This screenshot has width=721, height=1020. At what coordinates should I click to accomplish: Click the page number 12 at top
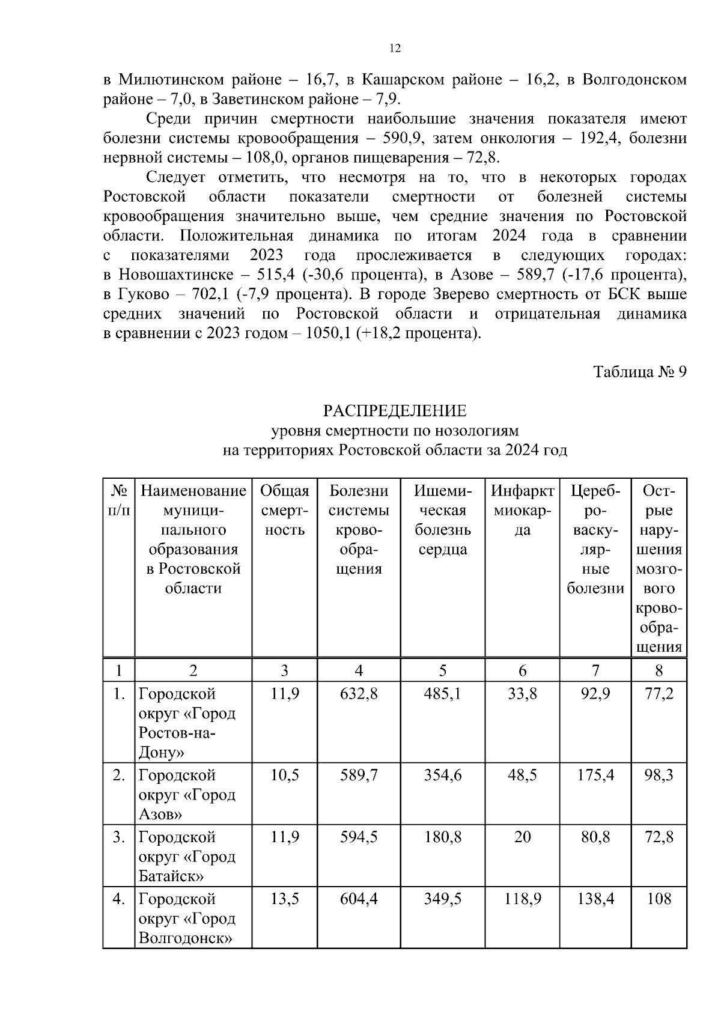395,49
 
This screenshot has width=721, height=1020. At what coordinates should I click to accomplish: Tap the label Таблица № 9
639,372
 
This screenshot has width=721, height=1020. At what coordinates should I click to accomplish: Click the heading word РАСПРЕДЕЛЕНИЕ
395,411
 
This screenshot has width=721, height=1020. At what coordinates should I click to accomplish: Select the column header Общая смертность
284,511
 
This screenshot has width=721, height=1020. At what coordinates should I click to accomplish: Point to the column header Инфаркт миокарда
522,511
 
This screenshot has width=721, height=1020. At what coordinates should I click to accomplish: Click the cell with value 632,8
359,694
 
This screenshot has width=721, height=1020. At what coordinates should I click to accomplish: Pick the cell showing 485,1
442,694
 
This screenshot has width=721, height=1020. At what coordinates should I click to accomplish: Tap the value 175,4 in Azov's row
595,776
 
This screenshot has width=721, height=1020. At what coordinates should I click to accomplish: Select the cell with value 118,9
522,899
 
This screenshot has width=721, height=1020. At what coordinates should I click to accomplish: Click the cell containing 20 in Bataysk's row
522,837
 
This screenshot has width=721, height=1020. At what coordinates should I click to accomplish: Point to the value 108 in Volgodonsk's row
659,899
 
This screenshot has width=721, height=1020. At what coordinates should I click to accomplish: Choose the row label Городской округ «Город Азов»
187,795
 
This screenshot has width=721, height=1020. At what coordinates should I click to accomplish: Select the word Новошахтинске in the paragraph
183,275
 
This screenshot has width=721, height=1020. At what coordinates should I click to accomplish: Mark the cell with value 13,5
284,899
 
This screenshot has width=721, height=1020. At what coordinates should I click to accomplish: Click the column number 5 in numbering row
442,670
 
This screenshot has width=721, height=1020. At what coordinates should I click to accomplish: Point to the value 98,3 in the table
659,776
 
